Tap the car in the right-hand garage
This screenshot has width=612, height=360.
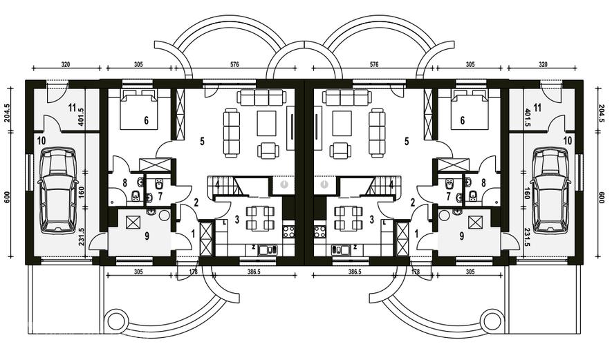pos(550,191)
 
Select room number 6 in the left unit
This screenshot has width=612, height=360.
pos(146,120)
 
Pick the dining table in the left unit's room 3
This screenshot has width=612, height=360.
pos(258,218)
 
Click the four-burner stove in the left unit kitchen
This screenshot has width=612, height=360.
pos(289,231)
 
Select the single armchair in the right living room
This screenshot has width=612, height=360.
pos(340,151)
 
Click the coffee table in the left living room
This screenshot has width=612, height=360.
pos(266,123)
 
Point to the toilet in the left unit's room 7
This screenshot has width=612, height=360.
pos(159,183)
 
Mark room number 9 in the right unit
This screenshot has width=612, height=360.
pos(462,236)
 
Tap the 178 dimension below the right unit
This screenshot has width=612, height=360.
pos(416,272)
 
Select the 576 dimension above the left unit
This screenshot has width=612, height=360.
pos(234,64)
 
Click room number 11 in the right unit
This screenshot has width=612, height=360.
pos(537,108)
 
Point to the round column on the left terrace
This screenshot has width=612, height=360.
pos(116,321)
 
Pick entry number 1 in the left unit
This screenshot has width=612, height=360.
pos(193,234)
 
